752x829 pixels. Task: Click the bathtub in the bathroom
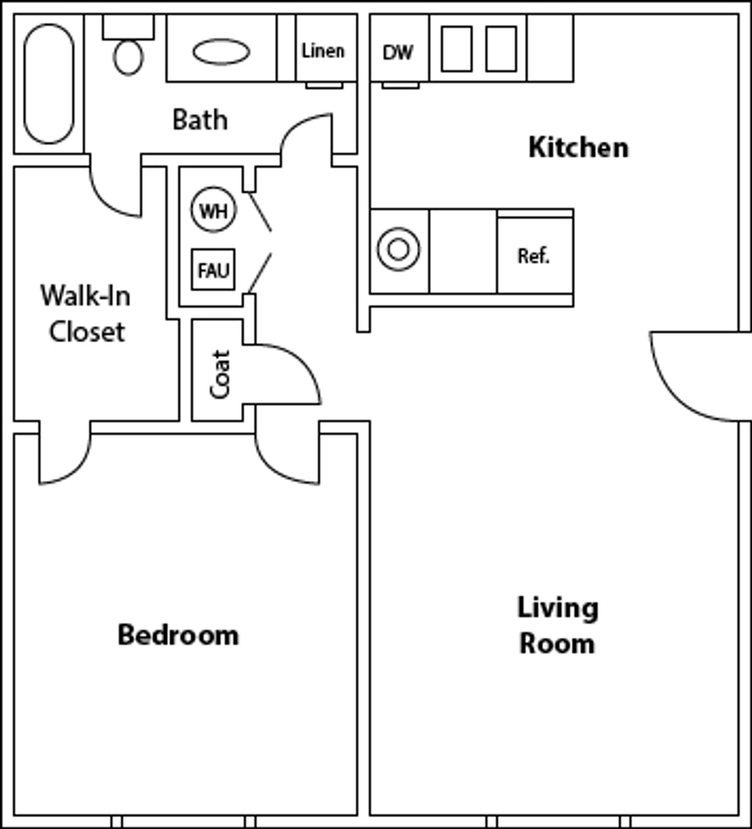click(x=49, y=84)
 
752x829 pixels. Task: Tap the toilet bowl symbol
click(x=128, y=57)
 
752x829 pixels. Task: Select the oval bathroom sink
click(x=221, y=52)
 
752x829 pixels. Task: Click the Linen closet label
click(x=323, y=51)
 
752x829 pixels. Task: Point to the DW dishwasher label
click(x=398, y=53)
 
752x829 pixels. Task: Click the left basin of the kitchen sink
click(x=456, y=49)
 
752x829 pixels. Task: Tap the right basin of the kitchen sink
click(x=501, y=49)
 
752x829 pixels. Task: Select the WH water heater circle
click(x=214, y=209)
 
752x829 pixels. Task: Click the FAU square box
click(x=213, y=270)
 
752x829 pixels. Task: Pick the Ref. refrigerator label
click(x=533, y=256)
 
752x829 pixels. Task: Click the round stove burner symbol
click(x=398, y=249)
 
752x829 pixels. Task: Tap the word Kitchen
click(x=578, y=148)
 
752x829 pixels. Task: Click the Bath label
click(x=200, y=120)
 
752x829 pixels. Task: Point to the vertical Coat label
click(x=220, y=374)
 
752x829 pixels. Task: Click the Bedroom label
click(x=178, y=636)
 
